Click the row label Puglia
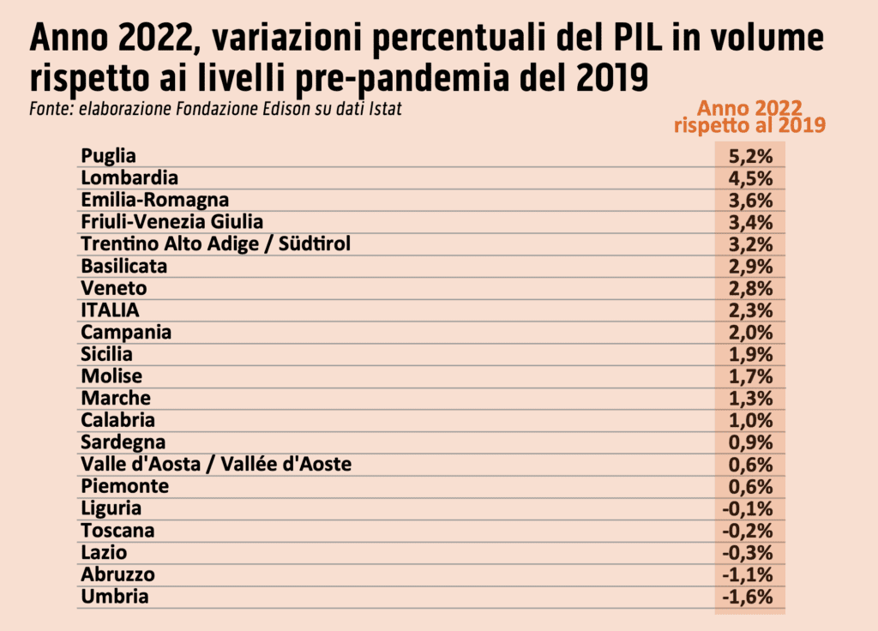tap(109, 155)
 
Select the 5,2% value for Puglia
tap(750, 156)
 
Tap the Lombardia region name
tap(129, 177)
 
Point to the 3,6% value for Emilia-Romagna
tap(750, 200)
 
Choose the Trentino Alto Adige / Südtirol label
tap(216, 243)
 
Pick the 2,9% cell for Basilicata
tap(750, 266)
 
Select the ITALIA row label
tap(110, 309)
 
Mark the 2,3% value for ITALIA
tap(750, 310)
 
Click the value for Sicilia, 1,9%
tap(750, 354)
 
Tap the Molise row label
tap(111, 376)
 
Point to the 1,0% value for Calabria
tap(750, 420)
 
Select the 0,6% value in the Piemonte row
tap(750, 486)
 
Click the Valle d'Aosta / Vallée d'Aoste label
tap(216, 464)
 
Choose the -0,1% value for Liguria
tap(748, 508)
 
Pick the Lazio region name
tap(104, 552)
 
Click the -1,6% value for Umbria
tap(748, 597)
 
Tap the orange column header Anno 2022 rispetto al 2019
tap(749, 116)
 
